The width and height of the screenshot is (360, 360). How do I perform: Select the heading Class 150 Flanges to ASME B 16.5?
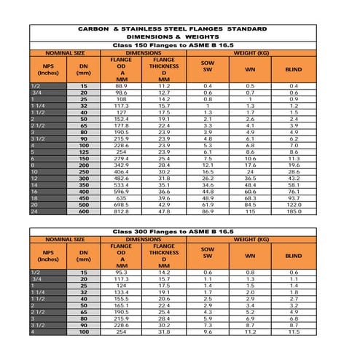[179, 45]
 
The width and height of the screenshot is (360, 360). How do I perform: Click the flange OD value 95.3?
[120, 272]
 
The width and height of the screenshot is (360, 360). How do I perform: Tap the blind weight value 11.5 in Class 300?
[294, 332]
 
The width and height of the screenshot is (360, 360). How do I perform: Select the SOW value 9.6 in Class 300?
[208, 332]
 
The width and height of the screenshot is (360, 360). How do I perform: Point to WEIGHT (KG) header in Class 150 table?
[250, 52]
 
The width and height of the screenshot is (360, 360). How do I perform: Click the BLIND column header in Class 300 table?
[294, 256]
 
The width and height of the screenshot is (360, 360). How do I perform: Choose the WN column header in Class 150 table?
[250, 71]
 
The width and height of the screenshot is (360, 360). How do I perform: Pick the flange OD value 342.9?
[120, 165]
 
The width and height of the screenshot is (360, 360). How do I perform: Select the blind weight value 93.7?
[294, 197]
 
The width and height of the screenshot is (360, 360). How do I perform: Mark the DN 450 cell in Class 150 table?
[84, 197]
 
